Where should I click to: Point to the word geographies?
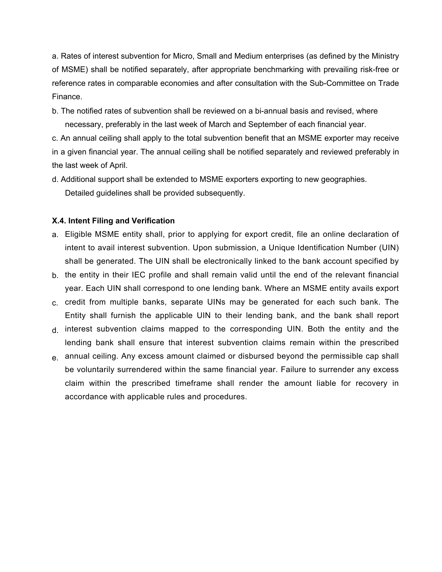(x=344, y=179)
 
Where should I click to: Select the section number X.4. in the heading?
(x=59, y=221)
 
